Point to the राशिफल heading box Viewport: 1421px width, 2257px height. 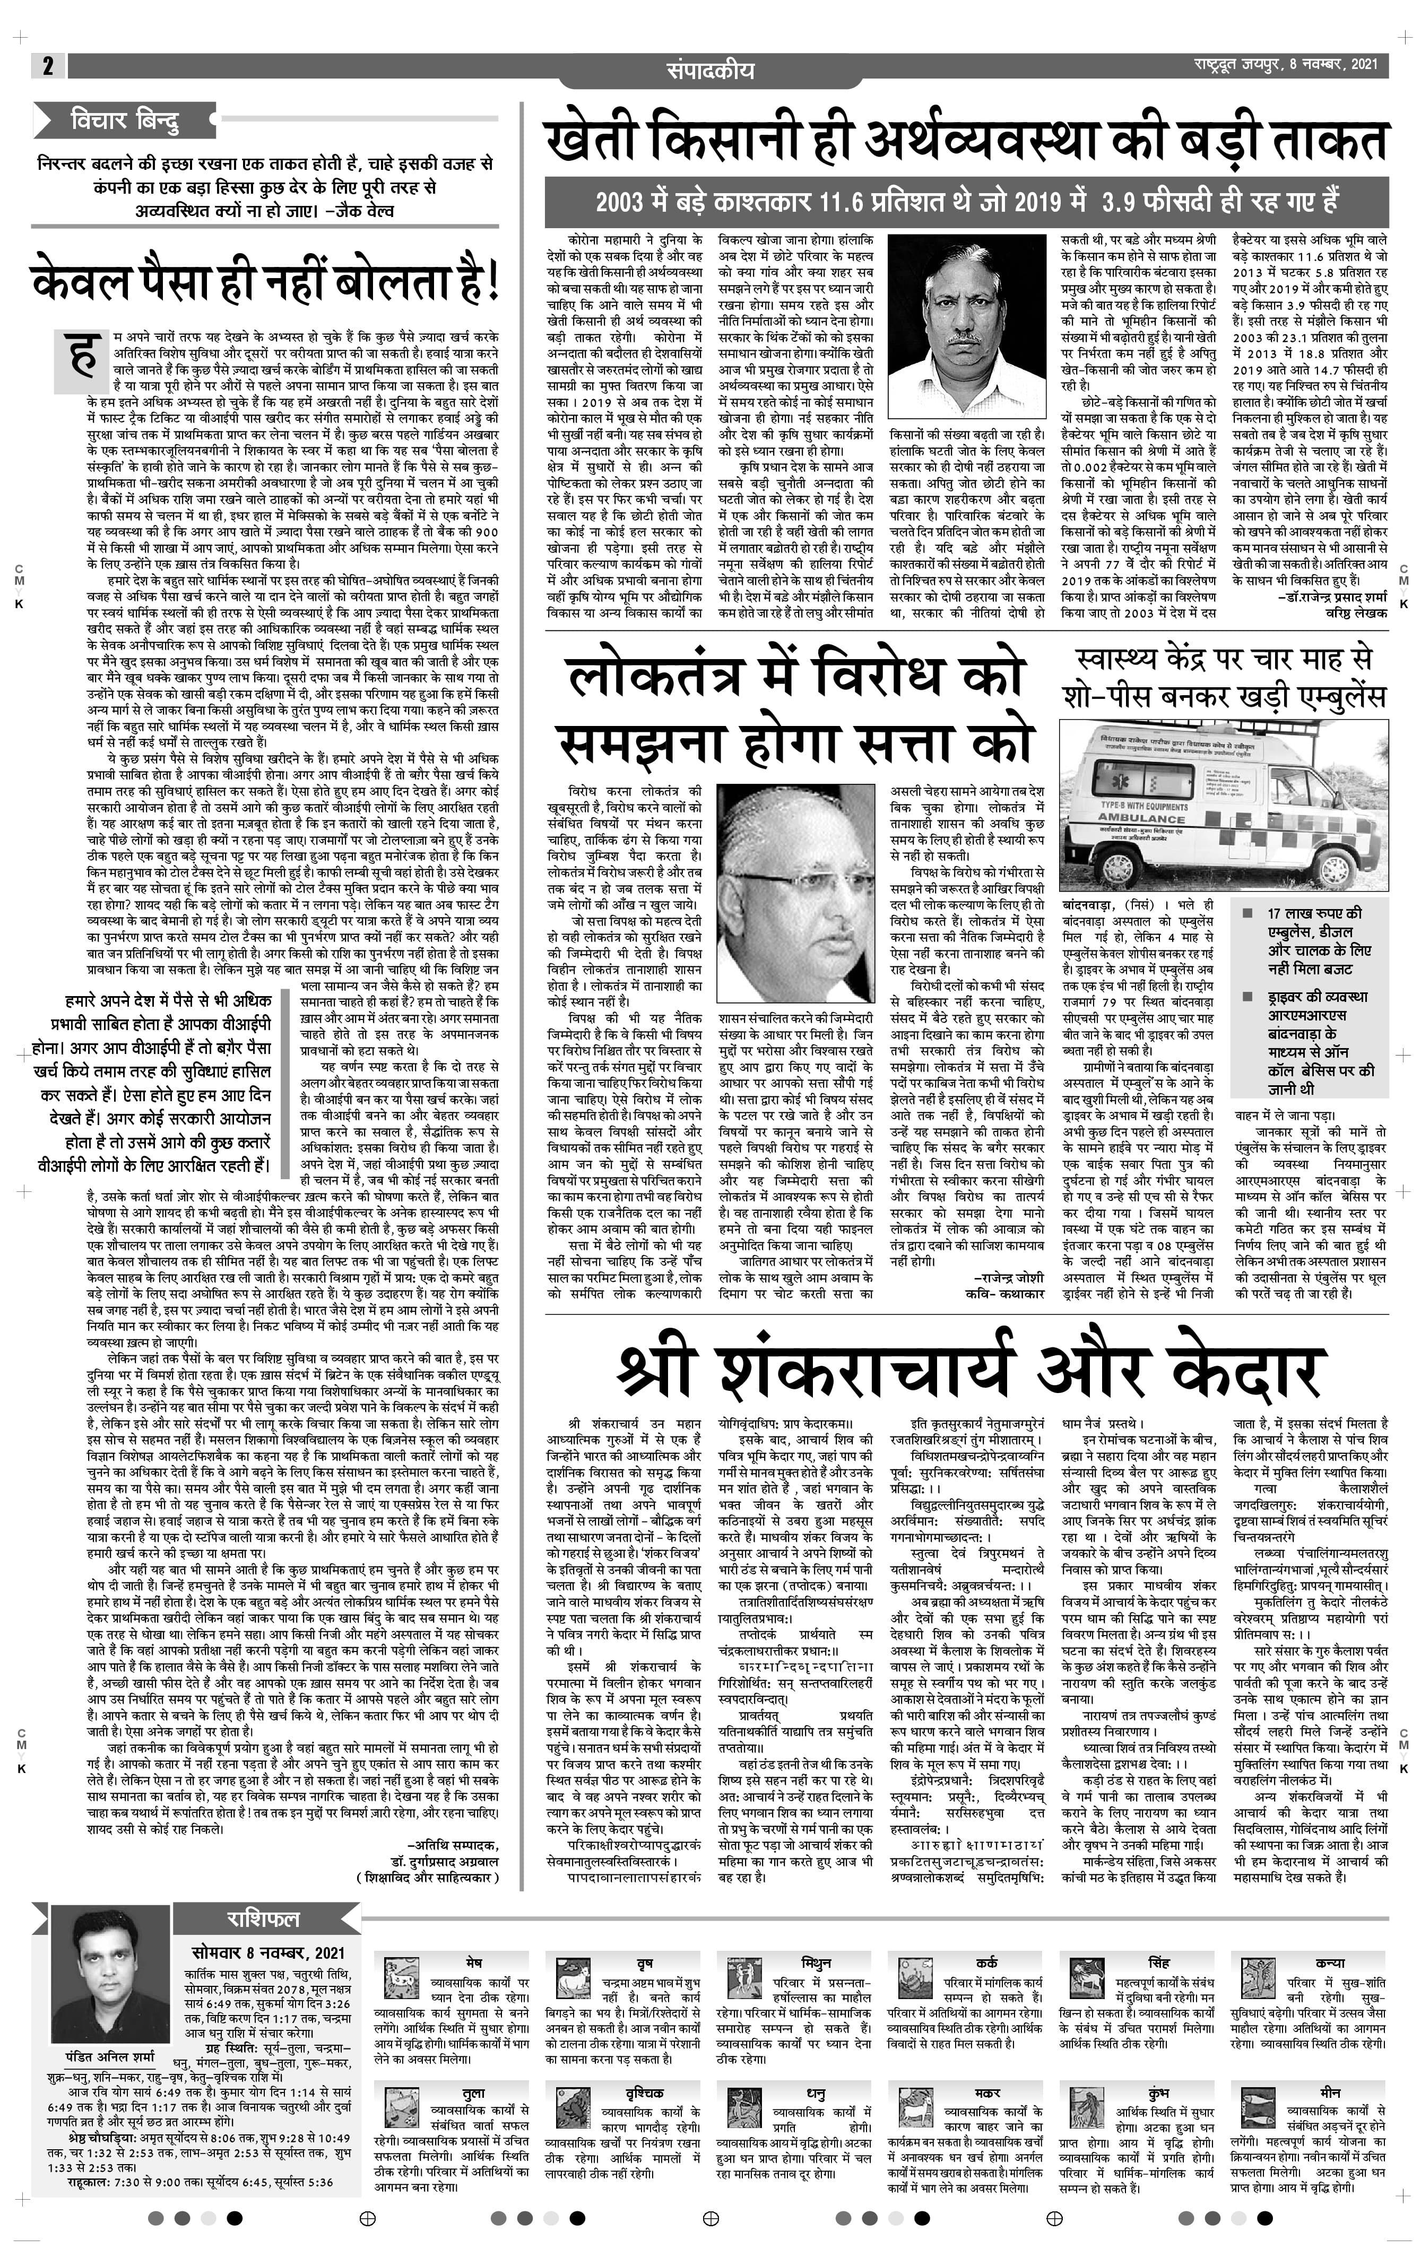coord(263,1918)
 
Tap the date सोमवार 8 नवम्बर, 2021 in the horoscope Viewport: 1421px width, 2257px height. coord(267,1952)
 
